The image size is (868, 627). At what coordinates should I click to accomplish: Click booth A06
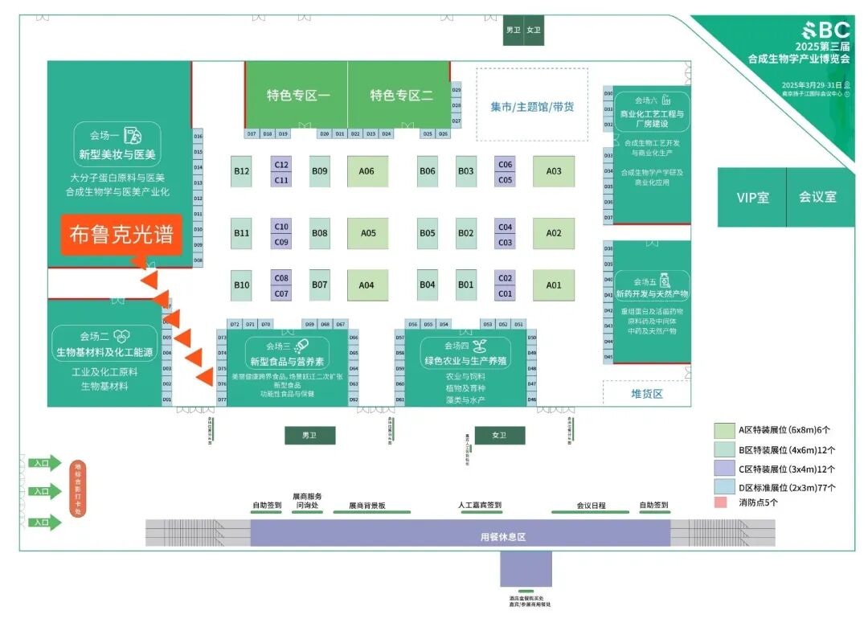367,171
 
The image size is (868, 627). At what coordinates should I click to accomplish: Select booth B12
242,171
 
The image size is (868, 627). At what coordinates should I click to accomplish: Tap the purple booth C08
281,278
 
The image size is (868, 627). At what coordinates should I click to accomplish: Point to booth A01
554,285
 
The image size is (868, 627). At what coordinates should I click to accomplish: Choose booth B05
428,233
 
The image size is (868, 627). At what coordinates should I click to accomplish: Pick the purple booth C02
505,278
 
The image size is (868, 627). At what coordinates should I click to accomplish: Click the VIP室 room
752,198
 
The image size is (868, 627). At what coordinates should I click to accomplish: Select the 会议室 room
817,197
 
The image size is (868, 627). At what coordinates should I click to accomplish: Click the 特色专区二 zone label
401,96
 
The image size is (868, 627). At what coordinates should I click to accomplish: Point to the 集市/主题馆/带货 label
532,106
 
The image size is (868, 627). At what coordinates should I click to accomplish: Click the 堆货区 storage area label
646,394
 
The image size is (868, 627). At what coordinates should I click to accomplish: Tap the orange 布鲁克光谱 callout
121,235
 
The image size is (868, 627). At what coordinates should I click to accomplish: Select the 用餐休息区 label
502,536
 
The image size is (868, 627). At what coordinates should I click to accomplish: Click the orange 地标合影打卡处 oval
78,489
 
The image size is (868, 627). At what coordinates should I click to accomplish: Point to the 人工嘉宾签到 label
480,506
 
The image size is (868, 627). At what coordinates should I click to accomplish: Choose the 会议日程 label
591,506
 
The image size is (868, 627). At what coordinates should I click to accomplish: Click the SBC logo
819,31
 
